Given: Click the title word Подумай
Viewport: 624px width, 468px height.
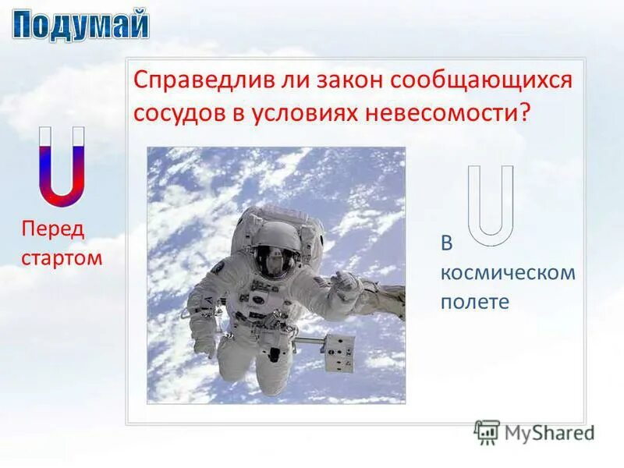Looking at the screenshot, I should click(80, 25).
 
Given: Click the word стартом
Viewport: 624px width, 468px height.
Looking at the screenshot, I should click(62, 257).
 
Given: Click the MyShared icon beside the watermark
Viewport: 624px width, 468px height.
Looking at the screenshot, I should click(487, 432).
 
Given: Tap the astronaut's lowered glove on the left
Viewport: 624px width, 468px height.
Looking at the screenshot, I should click(204, 344).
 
